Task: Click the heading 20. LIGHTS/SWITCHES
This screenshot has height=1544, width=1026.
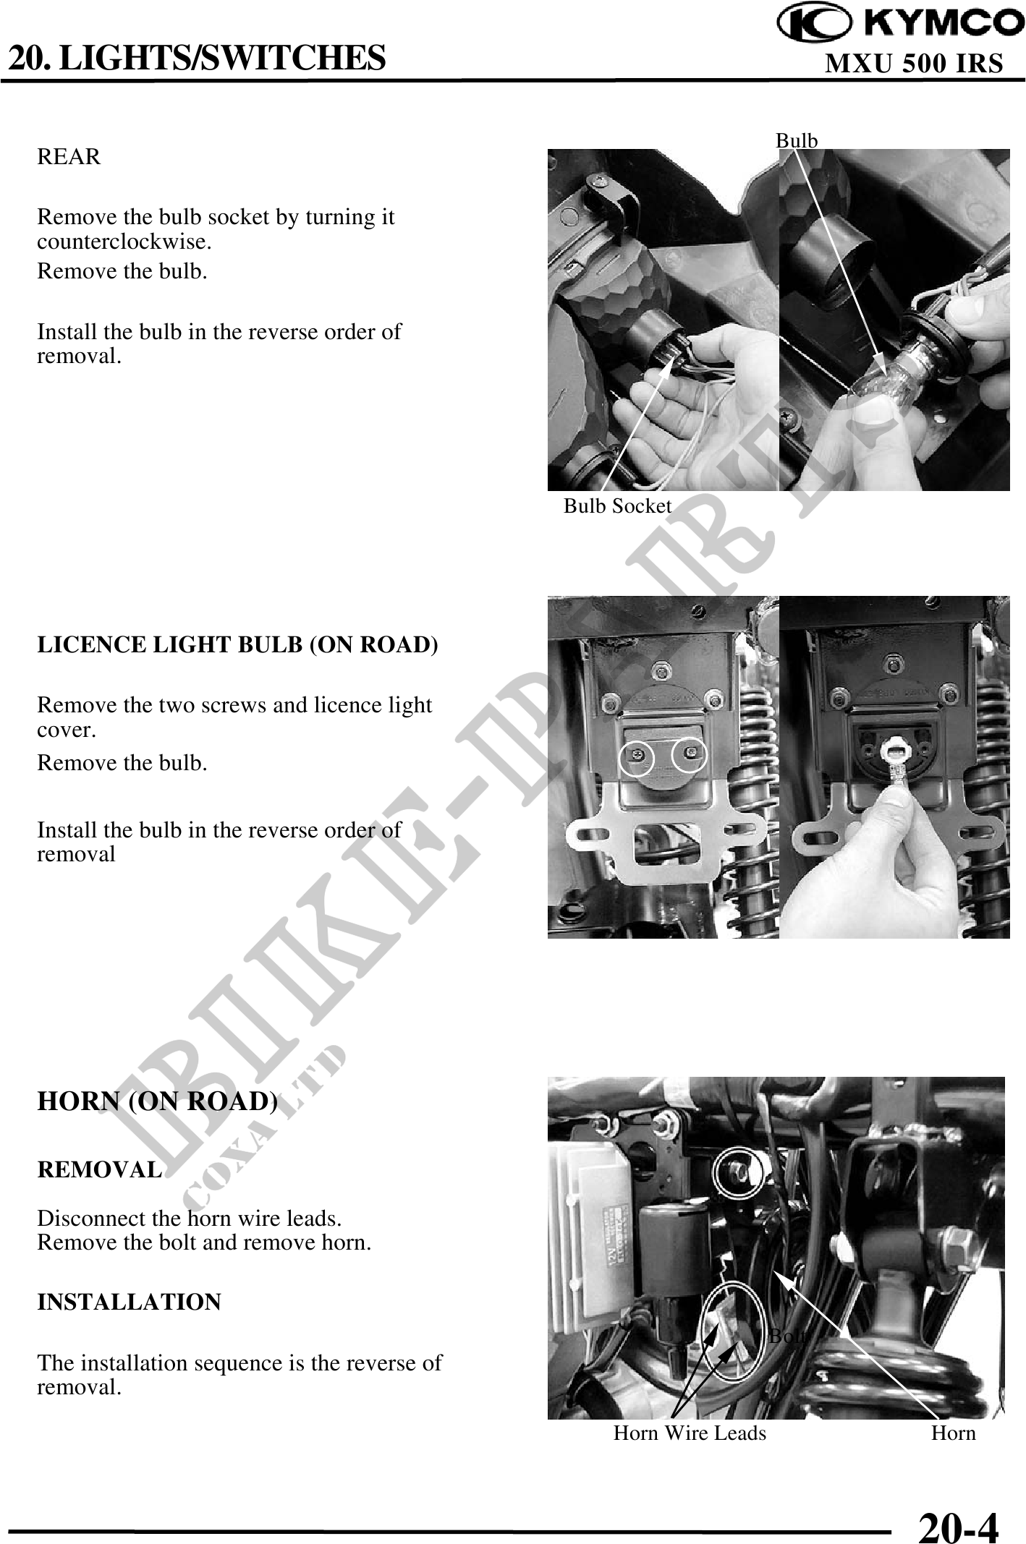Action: [x=197, y=58]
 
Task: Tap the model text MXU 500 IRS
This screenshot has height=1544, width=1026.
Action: [x=914, y=64]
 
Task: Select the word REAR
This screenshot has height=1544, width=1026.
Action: [x=69, y=157]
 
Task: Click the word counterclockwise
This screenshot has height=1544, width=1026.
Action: [x=124, y=242]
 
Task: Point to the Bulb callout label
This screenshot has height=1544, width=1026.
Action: [x=797, y=140]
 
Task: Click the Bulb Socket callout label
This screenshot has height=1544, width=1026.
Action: [x=618, y=506]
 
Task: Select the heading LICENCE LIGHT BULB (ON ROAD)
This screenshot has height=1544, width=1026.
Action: [x=237, y=645]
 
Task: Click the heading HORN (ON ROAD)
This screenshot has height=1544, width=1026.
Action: [x=157, y=1101]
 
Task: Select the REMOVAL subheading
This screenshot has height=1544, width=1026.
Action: [x=99, y=1169]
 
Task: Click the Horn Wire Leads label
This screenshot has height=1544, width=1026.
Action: [x=690, y=1433]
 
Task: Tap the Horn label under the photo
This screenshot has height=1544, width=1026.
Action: [x=954, y=1433]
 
